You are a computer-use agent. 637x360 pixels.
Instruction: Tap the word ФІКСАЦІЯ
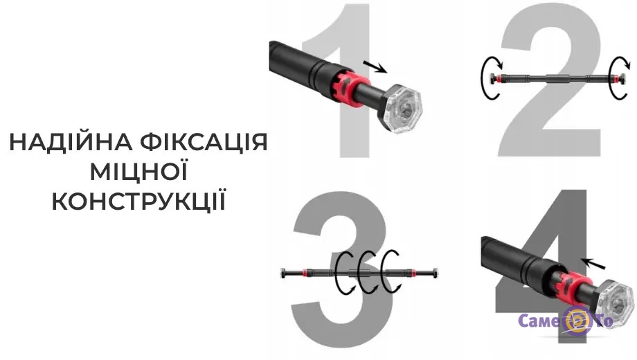click(x=204, y=142)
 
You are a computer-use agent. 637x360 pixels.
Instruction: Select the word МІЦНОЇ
click(x=139, y=171)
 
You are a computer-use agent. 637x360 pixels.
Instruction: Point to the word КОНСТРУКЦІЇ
click(x=139, y=201)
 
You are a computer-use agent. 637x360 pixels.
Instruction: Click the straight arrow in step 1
click(x=375, y=67)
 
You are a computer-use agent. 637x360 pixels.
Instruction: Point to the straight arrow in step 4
click(x=594, y=263)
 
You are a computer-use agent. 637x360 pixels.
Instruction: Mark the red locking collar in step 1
click(x=347, y=89)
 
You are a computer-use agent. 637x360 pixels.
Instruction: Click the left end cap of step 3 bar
click(x=283, y=273)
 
